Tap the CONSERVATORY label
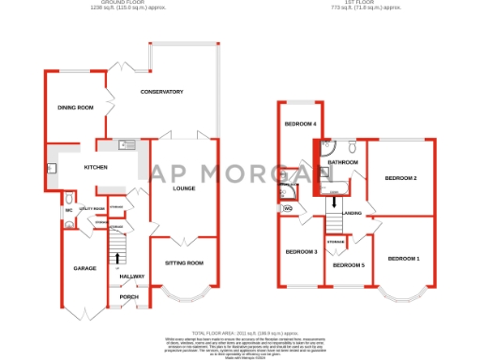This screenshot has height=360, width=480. (x=161, y=91)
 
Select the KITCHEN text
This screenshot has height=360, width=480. (x=96, y=168)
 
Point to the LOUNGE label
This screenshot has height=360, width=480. (x=183, y=188)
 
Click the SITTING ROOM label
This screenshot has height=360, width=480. (x=185, y=263)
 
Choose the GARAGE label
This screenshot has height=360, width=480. (x=85, y=269)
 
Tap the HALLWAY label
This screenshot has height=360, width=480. (x=131, y=277)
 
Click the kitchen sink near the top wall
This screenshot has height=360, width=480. (x=127, y=145)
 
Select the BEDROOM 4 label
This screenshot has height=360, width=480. (x=301, y=125)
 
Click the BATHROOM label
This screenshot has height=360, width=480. (x=343, y=162)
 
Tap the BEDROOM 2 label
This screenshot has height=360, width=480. (x=401, y=177)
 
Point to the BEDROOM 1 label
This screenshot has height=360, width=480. (x=404, y=258)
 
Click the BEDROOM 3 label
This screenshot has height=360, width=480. (x=301, y=251)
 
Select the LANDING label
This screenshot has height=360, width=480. (x=352, y=213)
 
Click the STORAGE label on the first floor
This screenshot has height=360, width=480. (x=336, y=242)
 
